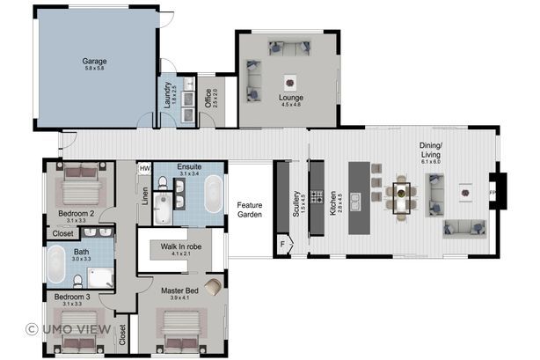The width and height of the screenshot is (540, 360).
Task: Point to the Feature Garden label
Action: tap(250, 210)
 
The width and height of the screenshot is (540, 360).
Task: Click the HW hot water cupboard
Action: tap(145, 167)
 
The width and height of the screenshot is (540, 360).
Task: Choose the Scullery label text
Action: tap(296, 209)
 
